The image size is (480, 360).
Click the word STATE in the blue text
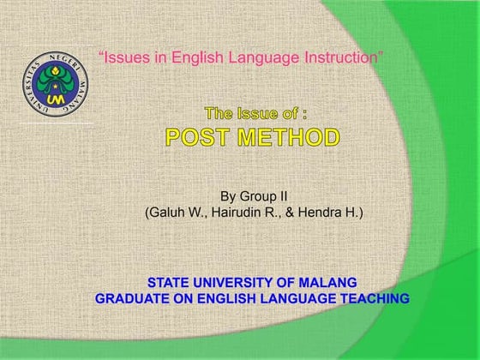pyautogui.click(x=170, y=282)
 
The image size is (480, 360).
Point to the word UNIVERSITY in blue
pyautogui.click(x=237, y=282)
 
